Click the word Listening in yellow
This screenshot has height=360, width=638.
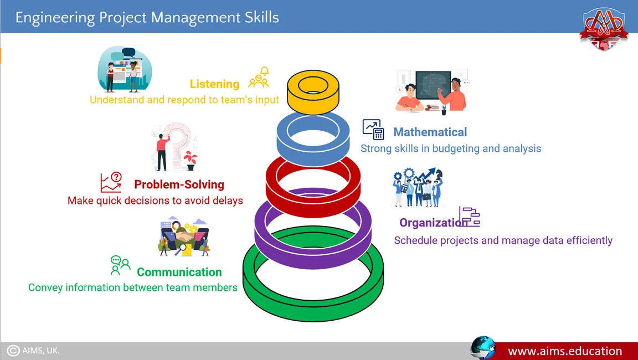pyautogui.click(x=214, y=84)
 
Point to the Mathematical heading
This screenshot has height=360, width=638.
pyautogui.click(x=430, y=132)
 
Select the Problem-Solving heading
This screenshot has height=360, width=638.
pyautogui.click(x=179, y=184)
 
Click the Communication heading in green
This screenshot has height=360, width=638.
pyautogui.click(x=179, y=272)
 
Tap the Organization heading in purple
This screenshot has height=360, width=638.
pyautogui.click(x=433, y=223)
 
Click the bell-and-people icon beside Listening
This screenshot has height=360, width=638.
pyautogui.click(x=259, y=78)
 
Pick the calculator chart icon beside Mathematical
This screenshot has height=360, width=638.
pyautogui.click(x=373, y=130)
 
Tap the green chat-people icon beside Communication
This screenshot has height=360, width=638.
pyautogui.click(x=120, y=265)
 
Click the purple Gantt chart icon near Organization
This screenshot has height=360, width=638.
pyautogui.click(x=470, y=217)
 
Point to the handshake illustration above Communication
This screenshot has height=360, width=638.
pyautogui.click(x=185, y=236)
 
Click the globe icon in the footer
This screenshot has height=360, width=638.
pyautogui.click(x=482, y=348)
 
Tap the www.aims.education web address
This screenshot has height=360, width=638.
pyautogui.click(x=565, y=351)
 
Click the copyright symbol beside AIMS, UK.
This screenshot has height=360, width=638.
pyautogui.click(x=13, y=351)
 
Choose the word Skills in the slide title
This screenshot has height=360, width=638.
pyautogui.click(x=261, y=18)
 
